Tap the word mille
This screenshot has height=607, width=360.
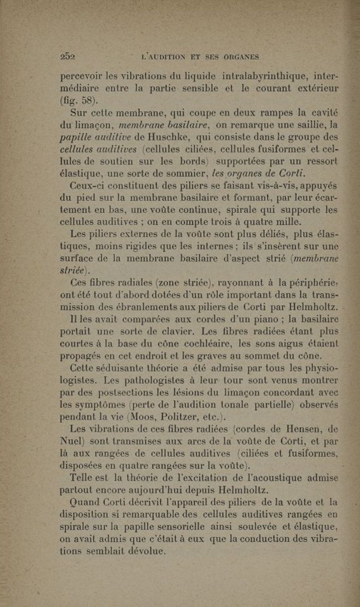[x=284, y=221]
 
